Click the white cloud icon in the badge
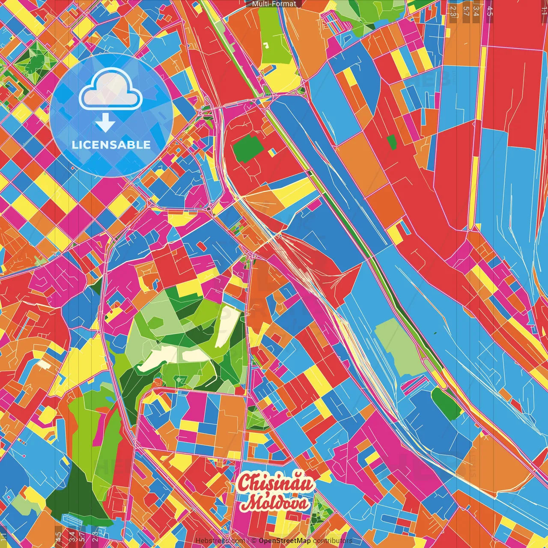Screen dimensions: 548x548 tap(110, 90)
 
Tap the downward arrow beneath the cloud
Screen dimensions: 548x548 tap(105, 123)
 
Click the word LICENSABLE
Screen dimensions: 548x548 tap(111, 145)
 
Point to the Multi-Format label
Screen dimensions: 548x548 tap(274, 4)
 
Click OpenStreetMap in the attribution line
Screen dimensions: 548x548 tap(284, 541)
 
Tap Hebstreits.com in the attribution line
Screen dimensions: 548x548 tap(220, 541)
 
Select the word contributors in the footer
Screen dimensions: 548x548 tap(333, 541)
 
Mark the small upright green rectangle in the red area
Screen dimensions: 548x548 tap(392, 142)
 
